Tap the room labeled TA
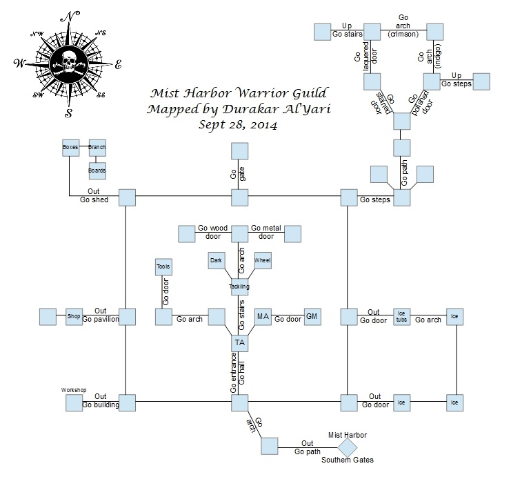tap(239, 342)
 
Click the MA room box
tap(263, 316)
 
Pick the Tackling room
tap(239, 286)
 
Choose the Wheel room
tap(263, 260)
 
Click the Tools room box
tap(163, 266)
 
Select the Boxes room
tap(70, 146)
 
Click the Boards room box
tap(97, 168)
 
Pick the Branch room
tap(97, 146)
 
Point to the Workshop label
tap(73, 390)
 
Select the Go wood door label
tap(212, 231)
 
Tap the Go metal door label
tap(266, 231)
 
